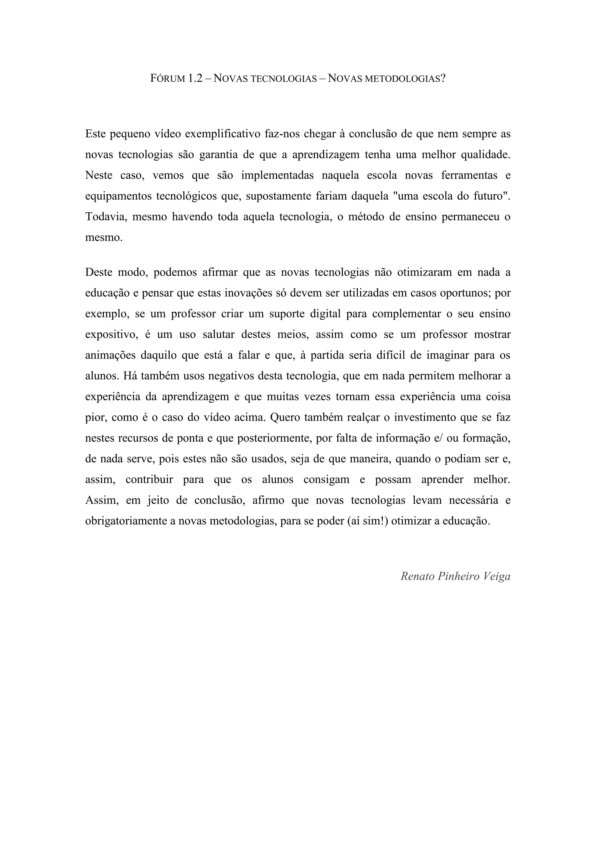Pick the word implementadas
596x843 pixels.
[277, 175]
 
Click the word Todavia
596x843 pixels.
[106, 217]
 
